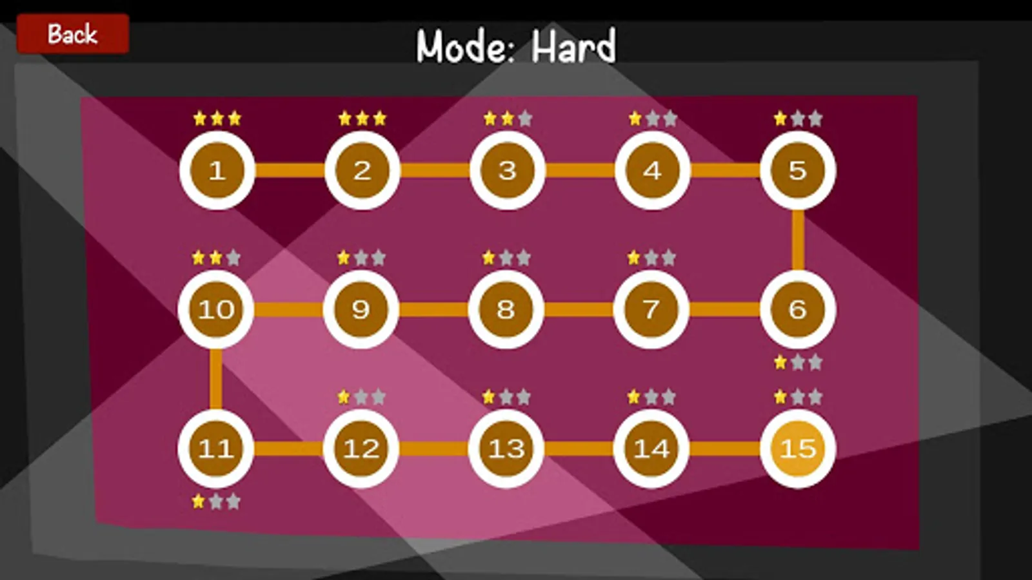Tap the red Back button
[x=73, y=34]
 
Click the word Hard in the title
[x=573, y=46]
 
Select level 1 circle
[x=217, y=170]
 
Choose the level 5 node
[x=798, y=170]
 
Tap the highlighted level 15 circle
[x=798, y=449]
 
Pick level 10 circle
[x=215, y=309]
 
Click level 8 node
[x=506, y=309]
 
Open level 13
[x=506, y=449]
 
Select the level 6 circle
[x=798, y=309]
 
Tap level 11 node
[x=215, y=449]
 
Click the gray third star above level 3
[x=525, y=119]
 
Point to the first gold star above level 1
[x=199, y=119]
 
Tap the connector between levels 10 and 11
[x=215, y=379]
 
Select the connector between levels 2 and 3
[x=435, y=170]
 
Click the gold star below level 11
[x=198, y=501]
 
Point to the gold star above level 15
[x=780, y=396]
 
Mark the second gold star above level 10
[x=215, y=257]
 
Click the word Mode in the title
[x=465, y=46]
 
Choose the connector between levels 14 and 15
[x=725, y=449]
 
